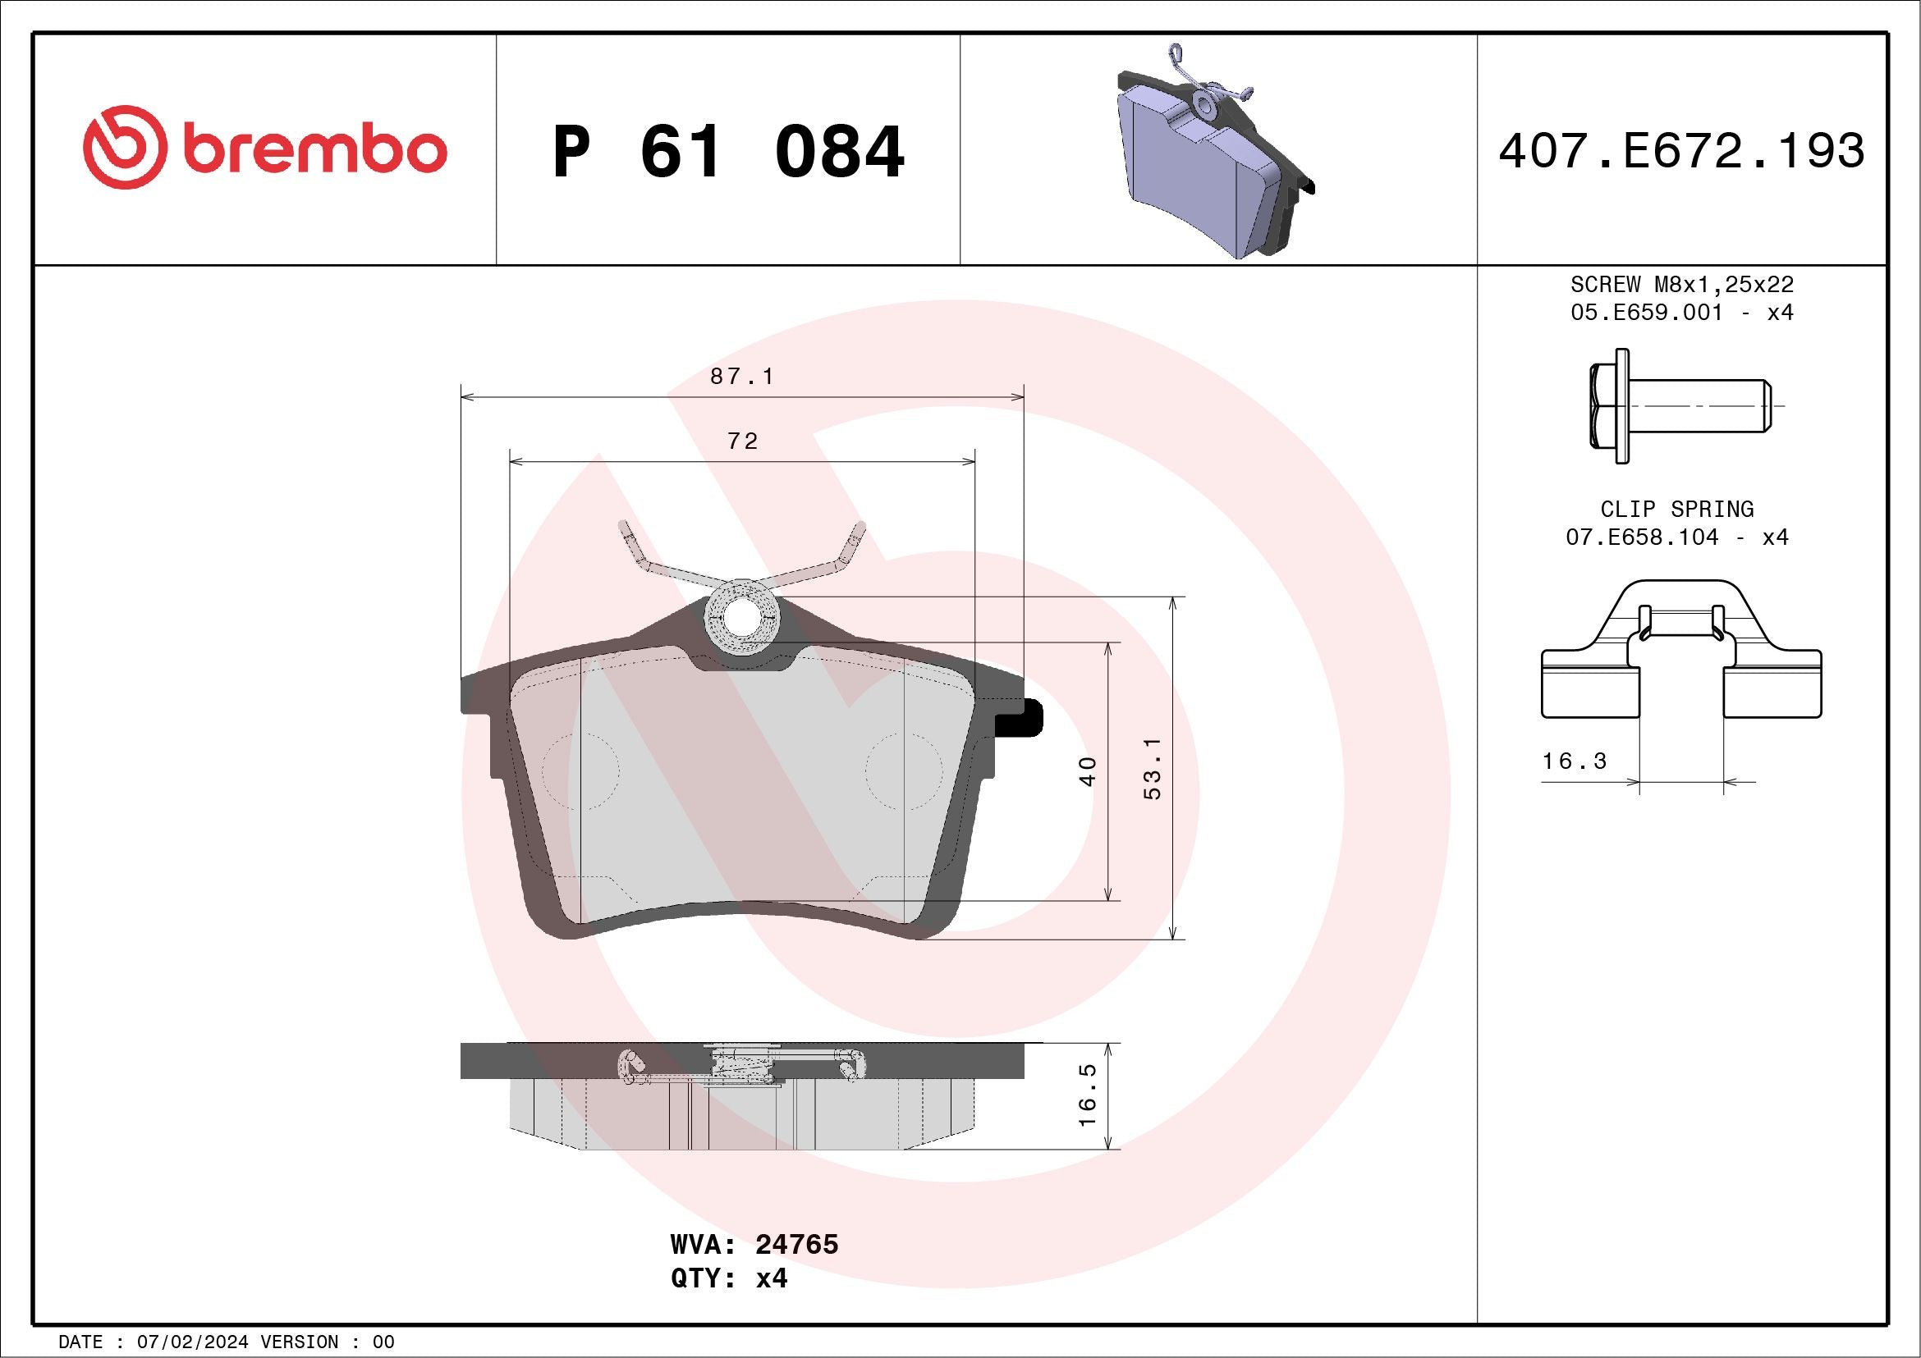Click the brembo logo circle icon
tap(121, 147)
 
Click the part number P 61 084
tap(729, 151)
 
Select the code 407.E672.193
tap(1682, 150)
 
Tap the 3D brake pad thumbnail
tap(1215, 151)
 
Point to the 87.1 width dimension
tap(742, 377)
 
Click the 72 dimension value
tap(742, 441)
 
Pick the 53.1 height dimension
tap(1153, 769)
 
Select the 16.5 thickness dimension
tap(1088, 1095)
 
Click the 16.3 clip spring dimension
tap(1575, 761)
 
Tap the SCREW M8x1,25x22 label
tap(1682, 284)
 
